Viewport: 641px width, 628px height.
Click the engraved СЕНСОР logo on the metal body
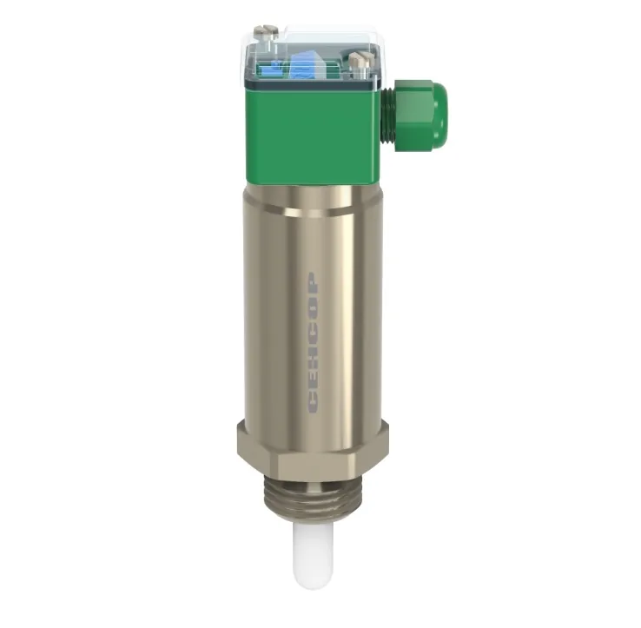pyautogui.click(x=314, y=343)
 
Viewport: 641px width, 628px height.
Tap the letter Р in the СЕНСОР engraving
pyautogui.click(x=314, y=282)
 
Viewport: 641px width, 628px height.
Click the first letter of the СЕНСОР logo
pyautogui.click(x=314, y=404)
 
